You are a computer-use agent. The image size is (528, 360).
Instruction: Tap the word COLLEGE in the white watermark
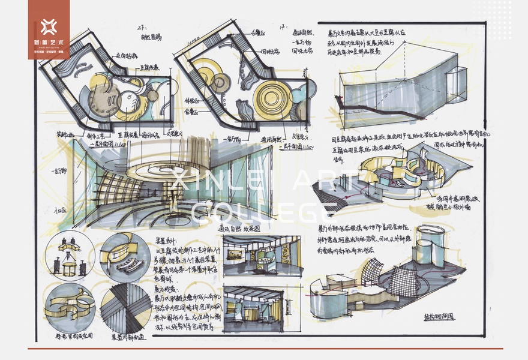click(264, 211)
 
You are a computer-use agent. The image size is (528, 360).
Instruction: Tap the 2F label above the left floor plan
click(142, 28)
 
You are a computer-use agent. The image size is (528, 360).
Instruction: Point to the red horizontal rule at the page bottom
click(264, 349)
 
